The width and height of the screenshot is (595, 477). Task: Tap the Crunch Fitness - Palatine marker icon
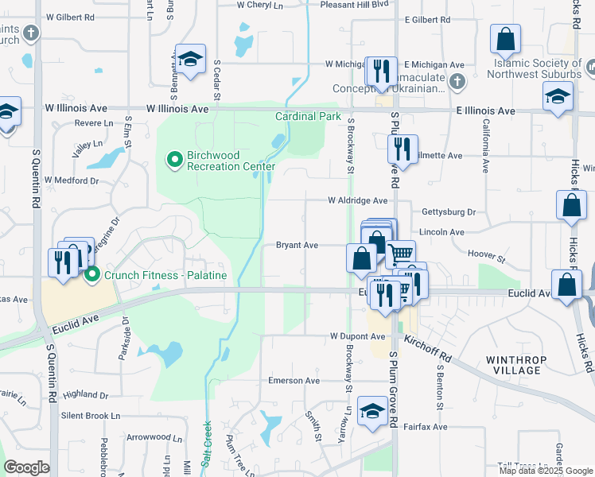click(x=93, y=275)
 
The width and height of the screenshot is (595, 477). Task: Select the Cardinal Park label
click(x=308, y=116)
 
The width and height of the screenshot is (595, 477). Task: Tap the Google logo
click(x=26, y=467)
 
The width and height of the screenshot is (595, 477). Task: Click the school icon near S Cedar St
click(x=191, y=60)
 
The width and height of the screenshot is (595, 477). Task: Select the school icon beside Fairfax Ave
click(x=371, y=411)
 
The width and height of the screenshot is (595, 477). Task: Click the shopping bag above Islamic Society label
click(x=505, y=39)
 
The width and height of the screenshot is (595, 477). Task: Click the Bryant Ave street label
click(x=297, y=246)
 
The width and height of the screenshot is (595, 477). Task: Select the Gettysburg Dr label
click(x=448, y=213)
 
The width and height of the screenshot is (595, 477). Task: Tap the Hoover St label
click(x=487, y=256)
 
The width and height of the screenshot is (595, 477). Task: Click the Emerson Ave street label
click(x=293, y=381)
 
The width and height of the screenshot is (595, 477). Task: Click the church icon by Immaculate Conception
click(x=457, y=81)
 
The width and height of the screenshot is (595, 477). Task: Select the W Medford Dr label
click(x=71, y=180)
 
